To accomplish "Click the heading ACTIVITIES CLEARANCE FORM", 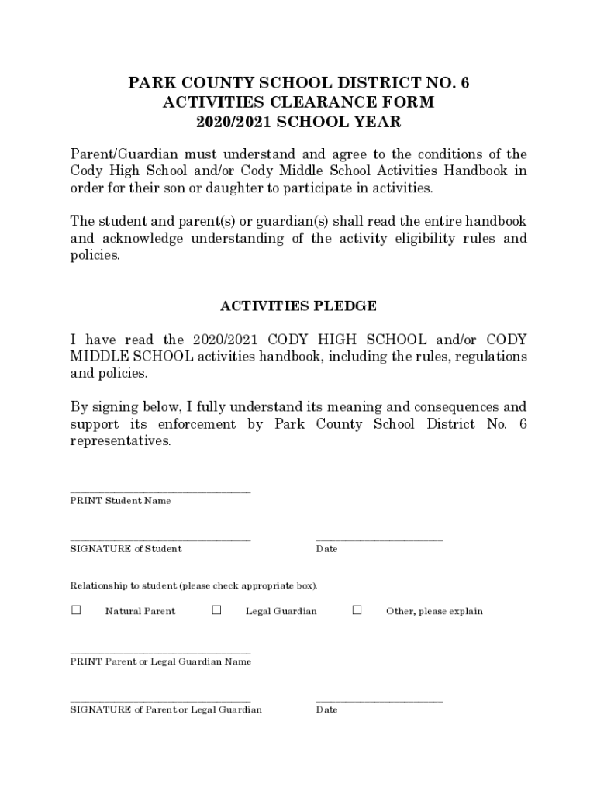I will (x=298, y=102).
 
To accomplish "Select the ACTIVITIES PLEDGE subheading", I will (x=298, y=306).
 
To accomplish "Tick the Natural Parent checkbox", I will (x=76, y=610).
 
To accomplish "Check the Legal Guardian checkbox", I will (x=216, y=610).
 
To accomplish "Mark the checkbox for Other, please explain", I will (x=357, y=610).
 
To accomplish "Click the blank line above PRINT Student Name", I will (x=160, y=492).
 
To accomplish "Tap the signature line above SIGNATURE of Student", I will (x=160, y=540).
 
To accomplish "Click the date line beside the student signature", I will (x=379, y=540).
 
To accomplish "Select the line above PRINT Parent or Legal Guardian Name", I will (x=160, y=653).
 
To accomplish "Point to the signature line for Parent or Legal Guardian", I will (x=160, y=701).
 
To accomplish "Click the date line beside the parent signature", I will (x=379, y=701).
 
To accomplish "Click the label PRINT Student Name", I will (x=120, y=501).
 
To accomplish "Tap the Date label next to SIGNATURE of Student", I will (x=326, y=549).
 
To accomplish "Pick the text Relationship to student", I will (x=124, y=585).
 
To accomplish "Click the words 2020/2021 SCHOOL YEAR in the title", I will (x=298, y=123).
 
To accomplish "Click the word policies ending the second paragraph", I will (x=95, y=255).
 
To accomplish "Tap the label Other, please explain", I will (x=434, y=611).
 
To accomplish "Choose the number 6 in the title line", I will (x=464, y=82).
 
